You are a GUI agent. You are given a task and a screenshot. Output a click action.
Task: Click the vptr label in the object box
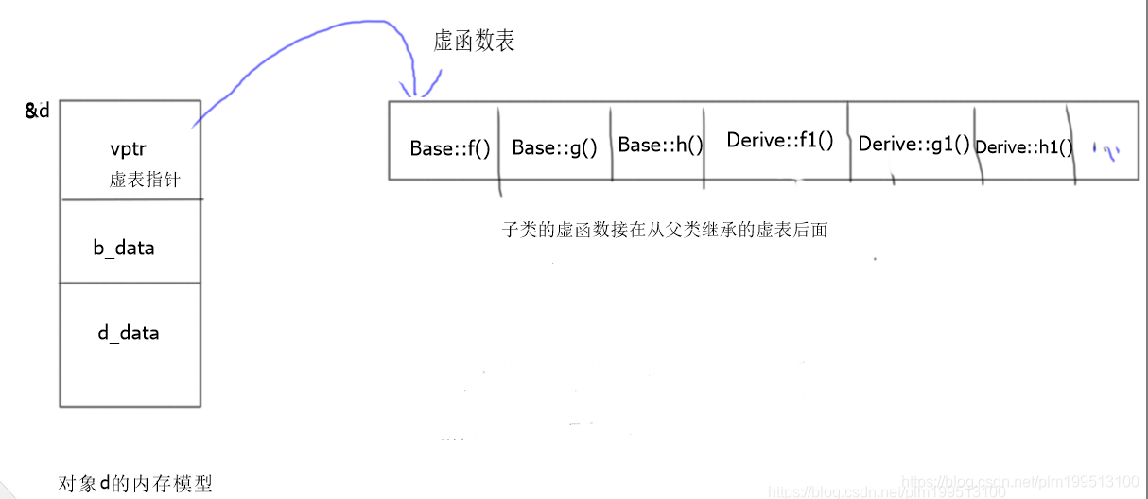(128, 149)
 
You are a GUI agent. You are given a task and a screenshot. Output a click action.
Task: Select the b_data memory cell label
(123, 249)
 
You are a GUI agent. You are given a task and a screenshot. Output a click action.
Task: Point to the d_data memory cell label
(129, 333)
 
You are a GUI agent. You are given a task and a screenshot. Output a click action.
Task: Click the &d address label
(37, 111)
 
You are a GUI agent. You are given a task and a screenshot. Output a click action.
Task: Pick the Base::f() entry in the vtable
(450, 148)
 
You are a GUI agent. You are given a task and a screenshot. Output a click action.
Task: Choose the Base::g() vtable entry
(555, 148)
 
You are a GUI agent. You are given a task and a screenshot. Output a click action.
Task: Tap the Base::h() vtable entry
(661, 146)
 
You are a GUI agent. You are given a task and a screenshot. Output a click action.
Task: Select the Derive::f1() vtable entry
(780, 141)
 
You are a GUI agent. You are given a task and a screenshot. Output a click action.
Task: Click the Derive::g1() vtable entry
(913, 145)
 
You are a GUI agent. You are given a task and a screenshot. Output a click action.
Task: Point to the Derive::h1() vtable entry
(1024, 147)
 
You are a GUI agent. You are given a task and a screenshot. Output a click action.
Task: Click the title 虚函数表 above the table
(474, 42)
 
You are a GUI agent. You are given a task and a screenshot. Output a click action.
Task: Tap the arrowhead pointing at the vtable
(415, 90)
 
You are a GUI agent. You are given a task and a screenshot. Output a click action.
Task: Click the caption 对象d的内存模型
(135, 484)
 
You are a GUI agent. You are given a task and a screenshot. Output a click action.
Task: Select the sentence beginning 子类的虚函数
(665, 229)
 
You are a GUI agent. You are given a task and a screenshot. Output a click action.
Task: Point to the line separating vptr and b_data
(130, 199)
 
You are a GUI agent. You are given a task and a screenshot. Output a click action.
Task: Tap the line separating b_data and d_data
(130, 283)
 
